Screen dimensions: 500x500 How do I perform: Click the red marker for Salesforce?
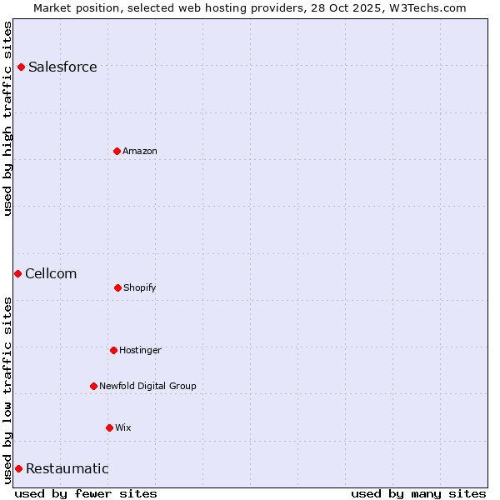21,67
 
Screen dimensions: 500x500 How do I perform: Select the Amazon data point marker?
117,151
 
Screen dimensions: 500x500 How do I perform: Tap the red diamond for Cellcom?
17,273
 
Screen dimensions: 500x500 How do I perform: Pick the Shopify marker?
117,287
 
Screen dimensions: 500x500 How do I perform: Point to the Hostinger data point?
113,350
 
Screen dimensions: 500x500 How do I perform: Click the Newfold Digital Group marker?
93,386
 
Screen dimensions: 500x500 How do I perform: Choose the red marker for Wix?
109,427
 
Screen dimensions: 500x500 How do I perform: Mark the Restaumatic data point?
18,468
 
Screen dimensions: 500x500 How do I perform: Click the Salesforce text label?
62,67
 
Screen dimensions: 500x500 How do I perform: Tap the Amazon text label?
140,151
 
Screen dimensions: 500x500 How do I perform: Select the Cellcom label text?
51,273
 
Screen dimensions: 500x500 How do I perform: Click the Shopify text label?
140,287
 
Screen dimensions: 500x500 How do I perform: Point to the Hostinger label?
140,350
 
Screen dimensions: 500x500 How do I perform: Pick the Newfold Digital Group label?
147,386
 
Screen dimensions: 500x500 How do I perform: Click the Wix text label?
123,427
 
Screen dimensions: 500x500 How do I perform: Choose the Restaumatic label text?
67,468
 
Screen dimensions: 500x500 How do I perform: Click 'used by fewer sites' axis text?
86,493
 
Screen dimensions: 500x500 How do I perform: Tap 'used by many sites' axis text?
418,493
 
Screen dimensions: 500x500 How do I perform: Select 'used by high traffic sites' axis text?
7,117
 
